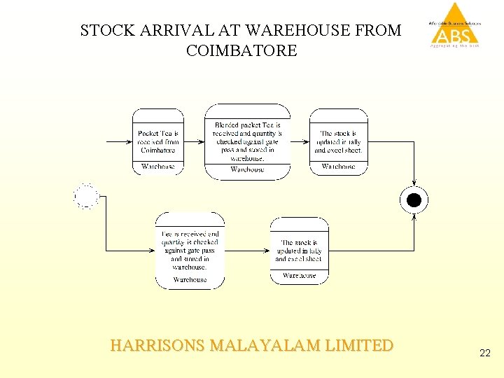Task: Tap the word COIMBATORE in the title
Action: [x=241, y=51]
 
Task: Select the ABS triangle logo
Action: [x=455, y=24]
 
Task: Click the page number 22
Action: [x=485, y=354]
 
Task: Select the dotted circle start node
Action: [x=86, y=197]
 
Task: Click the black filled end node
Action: [x=414, y=201]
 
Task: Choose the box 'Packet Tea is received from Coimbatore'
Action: [x=158, y=141]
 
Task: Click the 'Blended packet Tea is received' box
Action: [x=247, y=141]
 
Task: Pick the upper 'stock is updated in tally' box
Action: [x=339, y=141]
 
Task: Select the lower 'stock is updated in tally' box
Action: [x=299, y=250]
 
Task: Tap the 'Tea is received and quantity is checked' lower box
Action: [x=190, y=250]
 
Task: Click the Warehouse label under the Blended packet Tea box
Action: [x=247, y=169]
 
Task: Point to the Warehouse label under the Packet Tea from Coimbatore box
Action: [x=158, y=167]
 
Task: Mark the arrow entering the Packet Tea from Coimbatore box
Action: [x=119, y=141]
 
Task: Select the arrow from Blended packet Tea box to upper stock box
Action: [x=300, y=141]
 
